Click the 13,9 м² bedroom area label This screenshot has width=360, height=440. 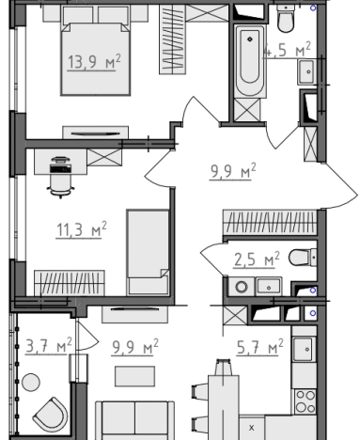(x=94, y=61)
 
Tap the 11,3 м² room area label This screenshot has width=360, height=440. (x=82, y=229)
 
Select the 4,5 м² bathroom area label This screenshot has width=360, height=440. (x=287, y=50)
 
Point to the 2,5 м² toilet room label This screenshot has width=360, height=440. (x=257, y=259)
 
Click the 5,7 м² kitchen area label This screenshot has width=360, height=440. (x=260, y=347)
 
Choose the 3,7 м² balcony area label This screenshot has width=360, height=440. (x=49, y=346)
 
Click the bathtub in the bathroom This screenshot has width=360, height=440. (x=250, y=61)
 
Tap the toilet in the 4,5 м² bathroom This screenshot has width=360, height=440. (x=286, y=19)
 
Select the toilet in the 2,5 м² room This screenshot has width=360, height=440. (x=303, y=258)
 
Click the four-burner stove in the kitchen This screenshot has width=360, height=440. (x=305, y=401)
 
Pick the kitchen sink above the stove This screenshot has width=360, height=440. (x=304, y=350)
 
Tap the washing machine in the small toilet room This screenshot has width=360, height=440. (x=242, y=287)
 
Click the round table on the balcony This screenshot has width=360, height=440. (x=31, y=382)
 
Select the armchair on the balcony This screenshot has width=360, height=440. (x=51, y=415)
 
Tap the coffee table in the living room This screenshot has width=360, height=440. (x=134, y=376)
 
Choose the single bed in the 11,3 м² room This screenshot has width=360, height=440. (x=148, y=252)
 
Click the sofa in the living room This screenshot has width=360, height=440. (x=135, y=420)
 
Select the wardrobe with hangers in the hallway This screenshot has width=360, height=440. (x=270, y=223)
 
